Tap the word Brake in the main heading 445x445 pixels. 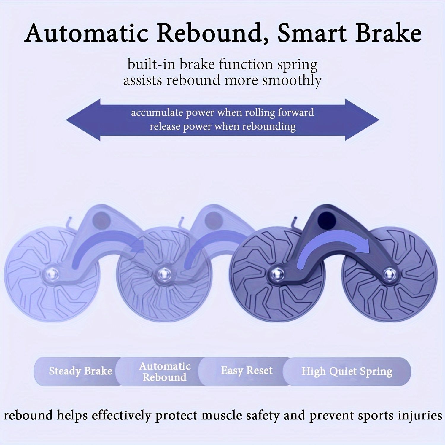(x=388, y=33)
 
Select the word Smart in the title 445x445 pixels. (x=312, y=33)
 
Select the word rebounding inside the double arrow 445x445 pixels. (x=268, y=127)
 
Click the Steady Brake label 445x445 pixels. (x=80, y=371)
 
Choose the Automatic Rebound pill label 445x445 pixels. (x=165, y=371)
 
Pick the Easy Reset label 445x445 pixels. (x=247, y=371)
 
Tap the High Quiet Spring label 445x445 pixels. (x=347, y=371)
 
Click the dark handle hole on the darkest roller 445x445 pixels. (x=326, y=219)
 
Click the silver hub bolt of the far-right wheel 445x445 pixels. (x=388, y=273)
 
